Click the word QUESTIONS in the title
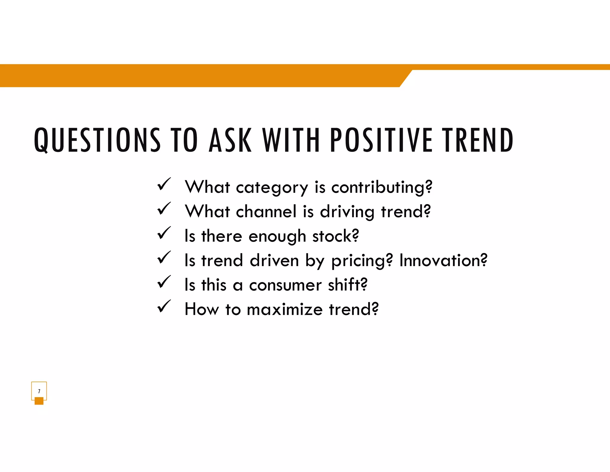(97, 140)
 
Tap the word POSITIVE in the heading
(381, 140)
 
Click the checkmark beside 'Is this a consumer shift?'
(164, 282)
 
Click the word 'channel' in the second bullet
(266, 212)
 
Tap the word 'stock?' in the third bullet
(335, 236)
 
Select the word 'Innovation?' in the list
(443, 260)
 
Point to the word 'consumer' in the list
(285, 285)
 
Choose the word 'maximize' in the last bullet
(285, 309)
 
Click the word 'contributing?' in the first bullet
(382, 188)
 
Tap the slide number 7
(39, 391)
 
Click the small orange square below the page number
(39, 401)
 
